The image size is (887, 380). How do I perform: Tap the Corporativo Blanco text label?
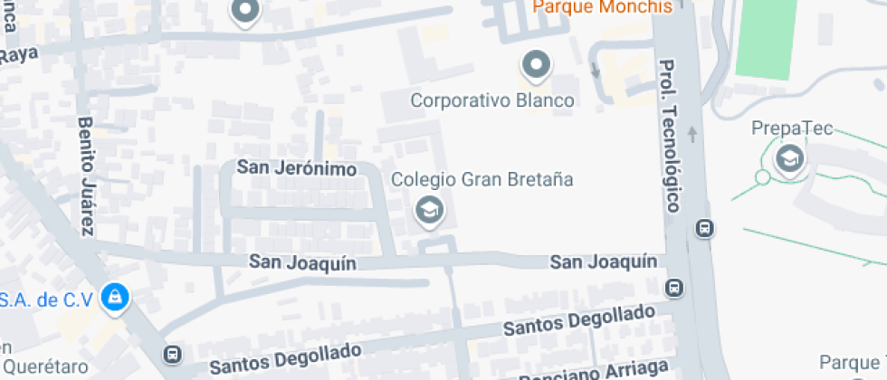pyautogui.click(x=492, y=100)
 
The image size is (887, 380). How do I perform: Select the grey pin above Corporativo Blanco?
pyautogui.click(x=537, y=65)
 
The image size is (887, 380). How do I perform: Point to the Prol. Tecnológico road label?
pyautogui.click(x=671, y=136)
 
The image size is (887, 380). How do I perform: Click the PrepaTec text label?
pyautogui.click(x=792, y=128)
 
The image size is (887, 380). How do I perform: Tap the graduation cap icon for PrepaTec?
pyautogui.click(x=791, y=159)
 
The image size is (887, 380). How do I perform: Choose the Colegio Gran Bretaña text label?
pyautogui.click(x=482, y=179)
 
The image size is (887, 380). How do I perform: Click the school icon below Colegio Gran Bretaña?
pyautogui.click(x=427, y=212)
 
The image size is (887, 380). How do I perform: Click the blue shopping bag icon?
pyautogui.click(x=114, y=296)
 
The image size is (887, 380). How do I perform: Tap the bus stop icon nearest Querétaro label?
pyautogui.click(x=173, y=354)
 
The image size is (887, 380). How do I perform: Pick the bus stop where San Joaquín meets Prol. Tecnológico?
pyautogui.click(x=674, y=289)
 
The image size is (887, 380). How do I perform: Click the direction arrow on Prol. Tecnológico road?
pyautogui.click(x=693, y=135)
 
